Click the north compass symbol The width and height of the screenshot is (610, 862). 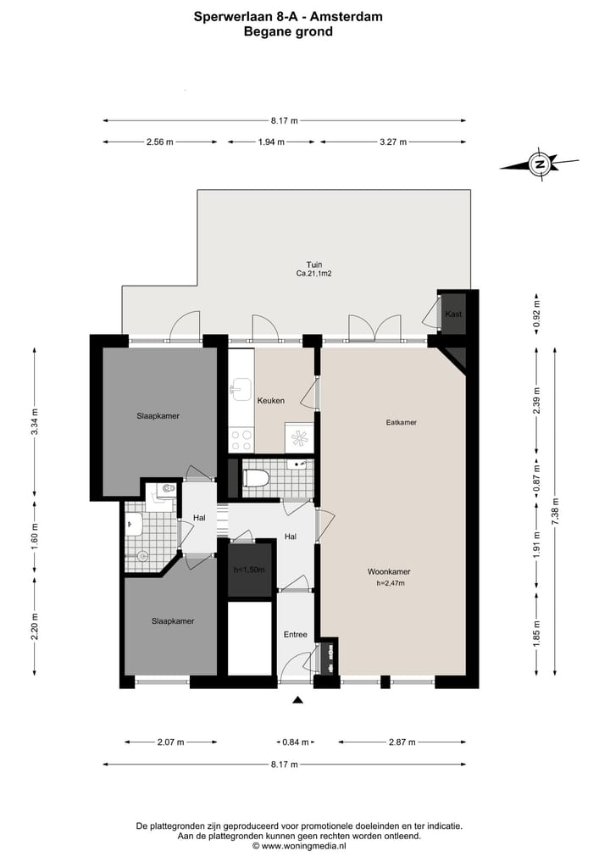point(538,164)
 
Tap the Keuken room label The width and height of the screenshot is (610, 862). point(272,401)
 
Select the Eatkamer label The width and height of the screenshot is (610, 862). point(400,421)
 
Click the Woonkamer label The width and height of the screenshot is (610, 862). point(390,570)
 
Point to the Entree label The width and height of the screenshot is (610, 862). point(295,634)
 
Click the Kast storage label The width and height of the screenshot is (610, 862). point(452,314)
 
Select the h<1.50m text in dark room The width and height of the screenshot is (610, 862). point(249,570)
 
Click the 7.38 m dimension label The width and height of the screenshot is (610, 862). point(555,512)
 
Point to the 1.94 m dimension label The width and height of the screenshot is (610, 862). point(271,142)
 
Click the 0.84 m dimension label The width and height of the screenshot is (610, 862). point(295,742)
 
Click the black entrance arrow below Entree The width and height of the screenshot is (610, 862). point(297,699)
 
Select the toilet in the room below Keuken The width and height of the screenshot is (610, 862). point(255,479)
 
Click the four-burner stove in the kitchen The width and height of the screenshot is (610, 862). point(241,440)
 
